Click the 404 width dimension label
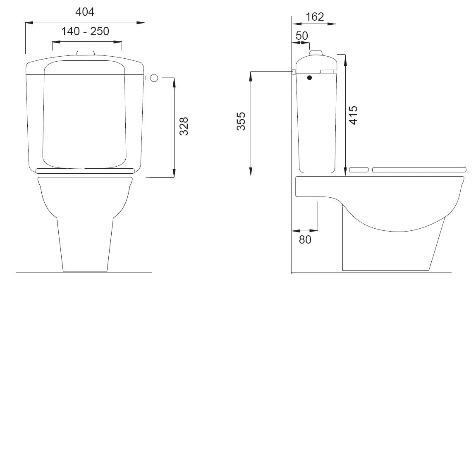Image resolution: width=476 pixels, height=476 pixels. click(x=85, y=12)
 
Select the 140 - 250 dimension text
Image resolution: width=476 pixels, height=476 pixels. click(x=85, y=31)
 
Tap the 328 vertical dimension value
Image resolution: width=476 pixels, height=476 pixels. click(x=184, y=126)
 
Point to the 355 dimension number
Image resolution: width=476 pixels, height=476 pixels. click(x=241, y=121)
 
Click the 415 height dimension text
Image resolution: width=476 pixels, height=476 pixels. click(x=353, y=116)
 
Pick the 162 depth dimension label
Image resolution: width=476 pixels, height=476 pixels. click(x=314, y=17)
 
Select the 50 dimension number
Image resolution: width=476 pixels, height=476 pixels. click(x=302, y=36)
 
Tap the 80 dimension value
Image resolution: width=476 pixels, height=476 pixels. click(x=305, y=239)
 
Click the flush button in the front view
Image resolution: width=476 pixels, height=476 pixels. click(x=86, y=53)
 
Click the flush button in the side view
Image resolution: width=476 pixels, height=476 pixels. click(x=316, y=52)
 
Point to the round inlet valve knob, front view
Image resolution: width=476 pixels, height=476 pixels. click(x=154, y=77)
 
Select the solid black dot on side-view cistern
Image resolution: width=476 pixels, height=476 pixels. click(x=309, y=77)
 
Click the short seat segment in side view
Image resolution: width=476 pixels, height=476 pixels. click(x=359, y=170)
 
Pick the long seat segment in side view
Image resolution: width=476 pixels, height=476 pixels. click(x=419, y=170)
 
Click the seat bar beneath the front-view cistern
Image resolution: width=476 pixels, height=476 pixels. click(x=86, y=170)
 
